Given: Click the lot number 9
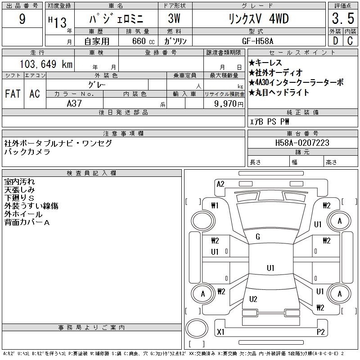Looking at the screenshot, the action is click(x=22, y=19).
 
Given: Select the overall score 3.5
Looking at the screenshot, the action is click(x=343, y=18).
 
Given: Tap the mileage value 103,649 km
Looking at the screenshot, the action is click(x=46, y=64).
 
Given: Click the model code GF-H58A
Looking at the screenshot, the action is click(x=257, y=41).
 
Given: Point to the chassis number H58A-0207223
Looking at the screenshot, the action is click(x=302, y=143).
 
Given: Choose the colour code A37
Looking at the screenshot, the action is click(x=74, y=103).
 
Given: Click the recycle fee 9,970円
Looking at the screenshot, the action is click(x=229, y=103).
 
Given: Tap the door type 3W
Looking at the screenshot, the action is click(x=174, y=18).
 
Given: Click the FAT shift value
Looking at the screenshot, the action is click(x=13, y=94).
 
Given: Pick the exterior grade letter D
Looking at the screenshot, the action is click(x=335, y=41).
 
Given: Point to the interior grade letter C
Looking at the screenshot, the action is click(x=350, y=41).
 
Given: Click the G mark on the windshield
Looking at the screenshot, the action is click(x=258, y=237).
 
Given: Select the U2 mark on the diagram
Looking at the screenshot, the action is click(x=253, y=299).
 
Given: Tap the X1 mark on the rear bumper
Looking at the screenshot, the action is click(x=220, y=332).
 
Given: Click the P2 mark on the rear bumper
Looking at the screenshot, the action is click(x=320, y=332).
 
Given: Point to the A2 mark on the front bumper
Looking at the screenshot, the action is click(x=220, y=184).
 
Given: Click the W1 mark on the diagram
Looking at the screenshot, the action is click(x=215, y=205).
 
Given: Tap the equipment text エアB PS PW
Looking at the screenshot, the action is click(x=269, y=121).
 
